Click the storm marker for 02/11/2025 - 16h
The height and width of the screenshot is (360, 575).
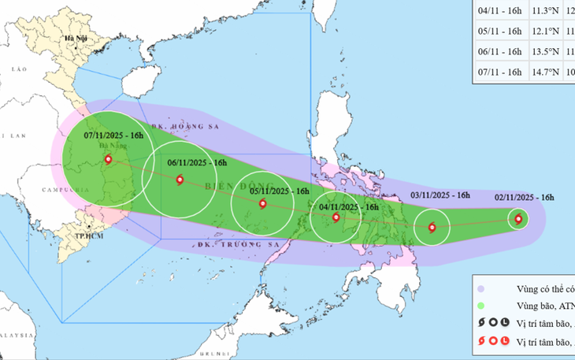coord(518,219)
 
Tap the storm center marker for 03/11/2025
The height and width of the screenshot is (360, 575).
coord(432,228)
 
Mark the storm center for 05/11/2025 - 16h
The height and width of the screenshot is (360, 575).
coord(263,203)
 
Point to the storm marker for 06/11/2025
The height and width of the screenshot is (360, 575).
coord(180,180)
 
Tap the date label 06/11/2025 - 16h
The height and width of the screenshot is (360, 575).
coord(197,163)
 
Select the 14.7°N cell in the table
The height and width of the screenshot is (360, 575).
coord(550,72)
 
